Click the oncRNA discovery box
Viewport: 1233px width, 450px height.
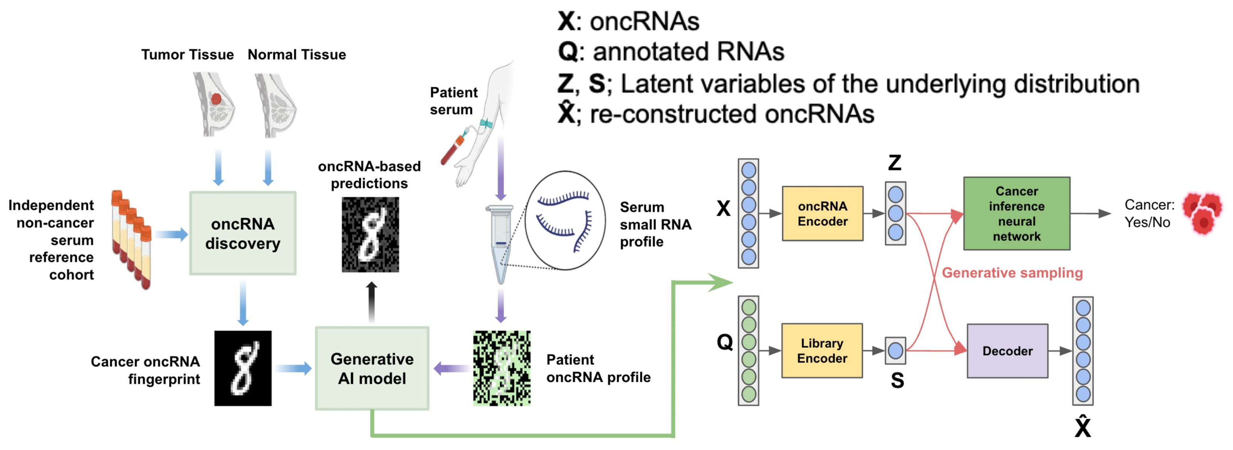[x=243, y=233]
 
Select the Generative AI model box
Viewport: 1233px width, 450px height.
[x=372, y=368]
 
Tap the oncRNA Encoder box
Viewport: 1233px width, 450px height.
[x=822, y=214]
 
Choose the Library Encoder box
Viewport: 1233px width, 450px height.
[x=822, y=351]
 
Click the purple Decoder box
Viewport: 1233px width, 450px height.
[x=1007, y=351]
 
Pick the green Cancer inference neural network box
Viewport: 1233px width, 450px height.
[x=1017, y=214]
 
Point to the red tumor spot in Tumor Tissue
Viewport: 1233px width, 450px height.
[x=216, y=99]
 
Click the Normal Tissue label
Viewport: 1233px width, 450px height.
[x=296, y=55]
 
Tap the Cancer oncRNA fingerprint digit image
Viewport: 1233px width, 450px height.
[x=243, y=368]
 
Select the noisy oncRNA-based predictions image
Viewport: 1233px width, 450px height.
[x=370, y=235]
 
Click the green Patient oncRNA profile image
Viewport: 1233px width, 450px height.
[x=502, y=368]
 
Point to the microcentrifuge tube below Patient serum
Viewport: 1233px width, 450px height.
[x=500, y=242]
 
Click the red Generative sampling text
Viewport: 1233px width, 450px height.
[x=1012, y=273]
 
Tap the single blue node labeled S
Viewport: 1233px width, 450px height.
[x=895, y=351]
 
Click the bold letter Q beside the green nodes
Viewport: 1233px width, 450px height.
[x=725, y=342]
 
